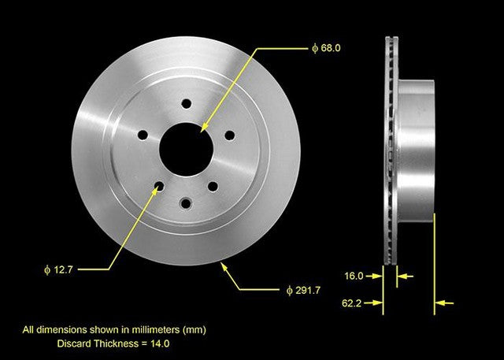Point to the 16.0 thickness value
(355, 276)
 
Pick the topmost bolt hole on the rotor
(187, 103)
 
